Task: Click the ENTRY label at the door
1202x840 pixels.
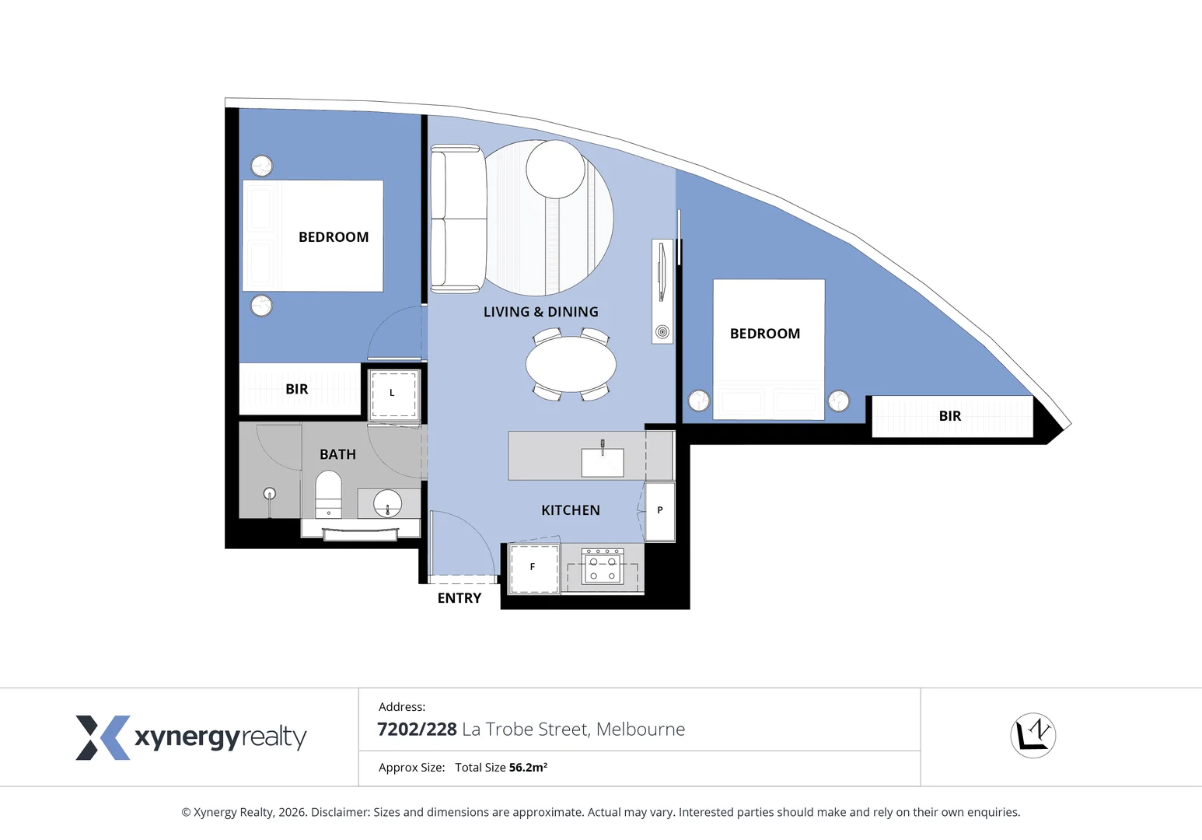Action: pyautogui.click(x=459, y=598)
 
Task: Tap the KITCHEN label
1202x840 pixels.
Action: pyautogui.click(x=570, y=510)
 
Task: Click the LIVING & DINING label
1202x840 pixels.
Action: pyautogui.click(x=540, y=312)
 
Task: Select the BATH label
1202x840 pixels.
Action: pyautogui.click(x=337, y=454)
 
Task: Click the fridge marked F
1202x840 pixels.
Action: pyautogui.click(x=533, y=568)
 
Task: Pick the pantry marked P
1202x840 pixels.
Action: pyautogui.click(x=660, y=511)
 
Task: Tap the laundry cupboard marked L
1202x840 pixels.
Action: pyautogui.click(x=393, y=394)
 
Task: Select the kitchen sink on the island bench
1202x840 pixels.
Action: pyautogui.click(x=603, y=461)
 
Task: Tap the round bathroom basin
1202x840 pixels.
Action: pyautogui.click(x=387, y=503)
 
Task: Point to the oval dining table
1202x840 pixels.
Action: pyautogui.click(x=571, y=364)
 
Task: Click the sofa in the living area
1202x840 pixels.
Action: pyautogui.click(x=458, y=219)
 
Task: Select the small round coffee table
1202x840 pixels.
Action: pyautogui.click(x=555, y=170)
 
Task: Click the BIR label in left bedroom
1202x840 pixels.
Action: pyautogui.click(x=296, y=389)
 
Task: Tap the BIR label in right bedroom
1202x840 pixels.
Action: pyautogui.click(x=949, y=416)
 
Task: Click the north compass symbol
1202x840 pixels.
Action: pyautogui.click(x=1033, y=735)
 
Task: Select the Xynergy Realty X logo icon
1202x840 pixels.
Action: pyautogui.click(x=102, y=737)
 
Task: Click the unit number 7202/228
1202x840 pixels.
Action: pyautogui.click(x=417, y=730)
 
